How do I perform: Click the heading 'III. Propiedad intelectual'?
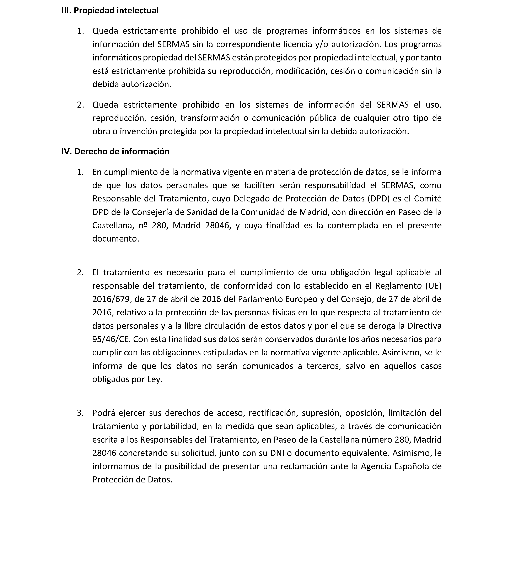tap(110, 11)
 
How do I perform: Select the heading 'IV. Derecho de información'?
tap(115, 151)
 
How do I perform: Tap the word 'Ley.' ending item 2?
tap(155, 380)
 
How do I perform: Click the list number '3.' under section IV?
tap(80, 413)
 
